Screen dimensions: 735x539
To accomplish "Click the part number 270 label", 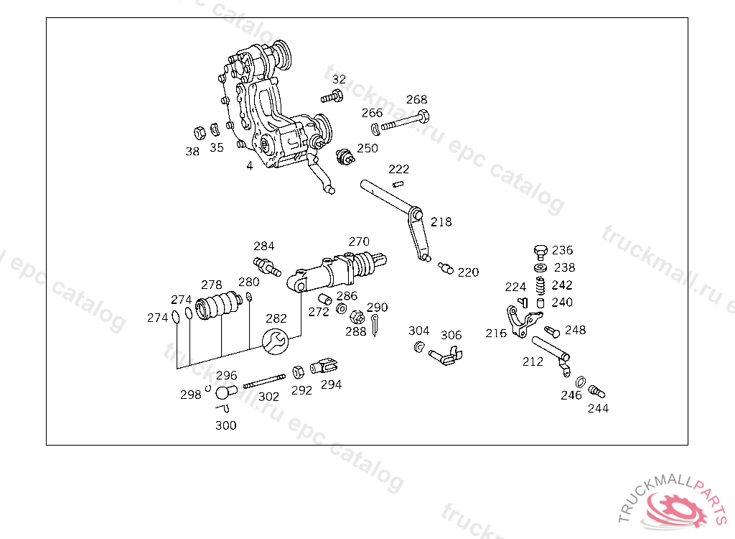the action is coord(359,241).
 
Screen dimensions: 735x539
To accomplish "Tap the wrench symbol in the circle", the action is coord(275,341).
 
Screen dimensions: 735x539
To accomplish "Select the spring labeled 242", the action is coord(540,284).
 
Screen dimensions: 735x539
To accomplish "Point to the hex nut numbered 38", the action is coord(200,133).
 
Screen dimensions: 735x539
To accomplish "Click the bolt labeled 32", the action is coord(332,97).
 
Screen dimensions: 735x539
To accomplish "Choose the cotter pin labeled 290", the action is coord(375,325).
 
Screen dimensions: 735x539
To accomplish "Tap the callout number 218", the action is coord(441,221).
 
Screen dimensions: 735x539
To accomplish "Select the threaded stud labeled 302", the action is coord(264,381).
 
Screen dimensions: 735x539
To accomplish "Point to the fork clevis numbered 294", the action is coord(324,367).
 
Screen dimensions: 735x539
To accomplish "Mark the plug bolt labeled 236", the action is coord(540,252).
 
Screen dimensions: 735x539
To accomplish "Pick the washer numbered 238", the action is coord(540,268).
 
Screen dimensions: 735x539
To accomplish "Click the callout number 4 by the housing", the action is coord(249,166).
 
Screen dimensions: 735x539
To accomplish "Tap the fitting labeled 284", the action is coord(267,266).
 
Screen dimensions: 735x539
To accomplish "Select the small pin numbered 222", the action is coord(398,184).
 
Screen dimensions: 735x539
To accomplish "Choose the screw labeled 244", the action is coord(596,391).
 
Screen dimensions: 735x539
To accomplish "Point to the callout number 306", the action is coord(451,335).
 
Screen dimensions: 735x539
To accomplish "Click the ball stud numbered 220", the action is coord(446,268).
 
